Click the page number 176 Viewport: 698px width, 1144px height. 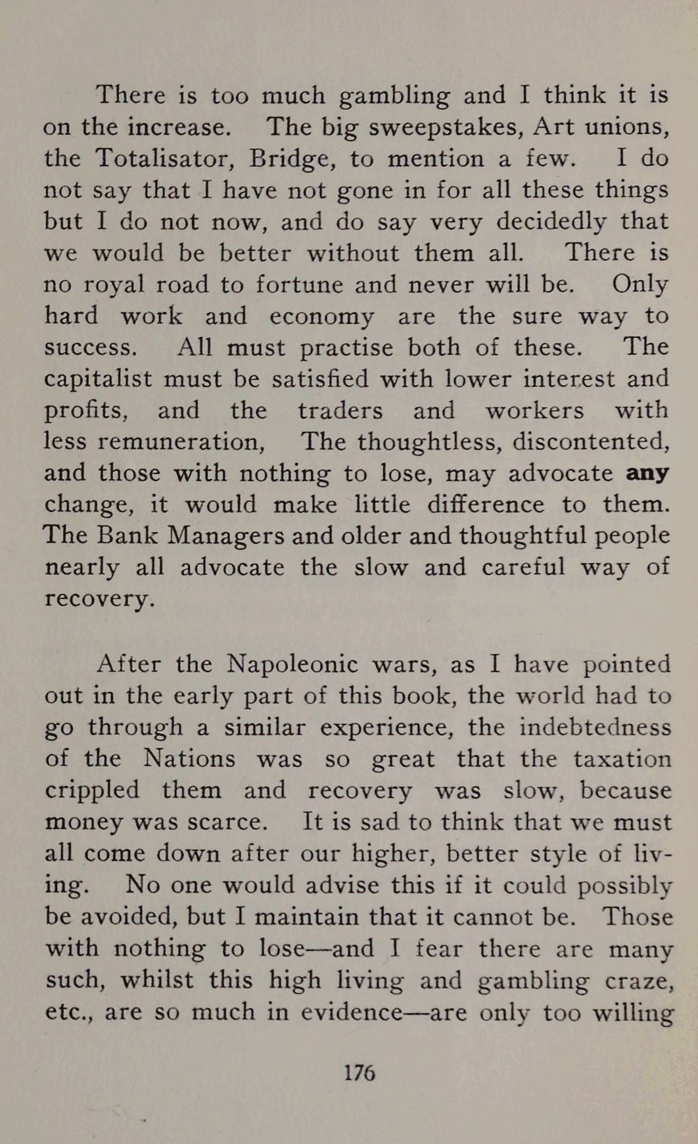tap(359, 1072)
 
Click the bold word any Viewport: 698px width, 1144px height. tap(647, 473)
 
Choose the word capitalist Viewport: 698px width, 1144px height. tap(98, 379)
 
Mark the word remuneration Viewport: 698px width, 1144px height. tap(181, 441)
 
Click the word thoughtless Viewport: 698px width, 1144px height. tap(430, 441)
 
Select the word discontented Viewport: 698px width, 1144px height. tap(591, 441)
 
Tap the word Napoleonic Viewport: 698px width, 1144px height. tap(292, 664)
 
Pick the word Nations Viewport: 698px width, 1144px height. tap(189, 759)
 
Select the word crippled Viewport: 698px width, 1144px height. tap(92, 790)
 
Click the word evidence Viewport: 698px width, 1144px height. tap(352, 1012)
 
